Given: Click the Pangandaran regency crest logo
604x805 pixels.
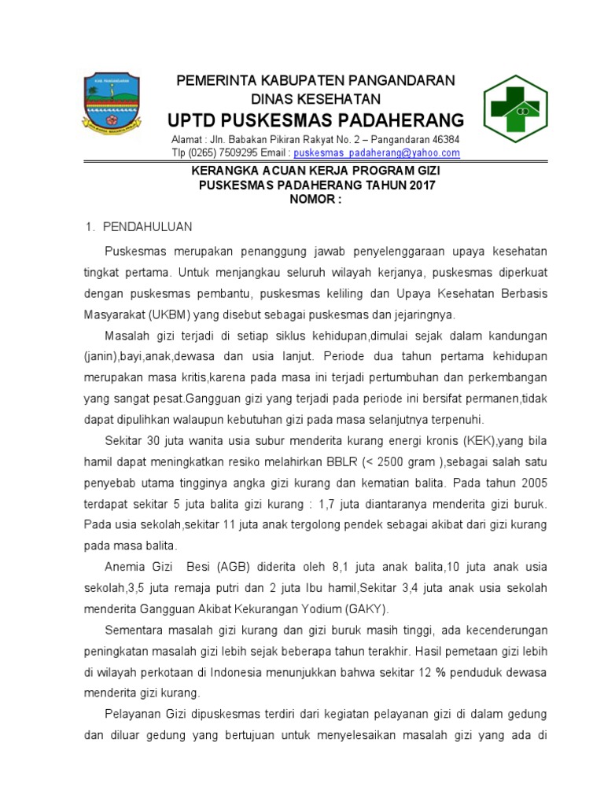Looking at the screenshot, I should click(x=111, y=104).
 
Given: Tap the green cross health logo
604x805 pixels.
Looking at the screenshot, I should click(x=515, y=109).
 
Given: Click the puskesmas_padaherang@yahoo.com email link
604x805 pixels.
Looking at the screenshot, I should click(x=377, y=153).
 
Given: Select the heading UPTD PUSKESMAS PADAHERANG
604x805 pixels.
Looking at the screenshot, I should click(x=315, y=120).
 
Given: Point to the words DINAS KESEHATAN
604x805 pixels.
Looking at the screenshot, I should click(x=315, y=99).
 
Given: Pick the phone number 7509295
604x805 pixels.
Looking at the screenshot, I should click(x=232, y=153).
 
